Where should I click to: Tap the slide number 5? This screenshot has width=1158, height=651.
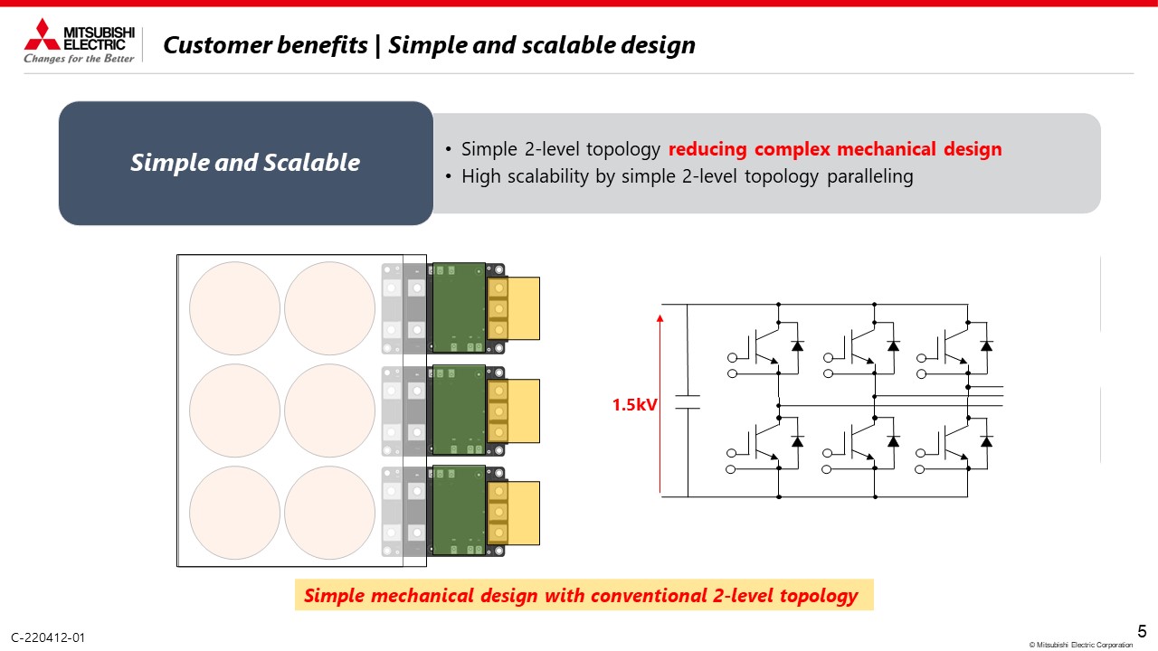[x=1142, y=631]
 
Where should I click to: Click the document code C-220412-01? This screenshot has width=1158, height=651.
[x=48, y=637]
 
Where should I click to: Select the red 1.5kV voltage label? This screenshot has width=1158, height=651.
[x=634, y=404]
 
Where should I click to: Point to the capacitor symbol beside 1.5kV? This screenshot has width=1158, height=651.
[x=688, y=402]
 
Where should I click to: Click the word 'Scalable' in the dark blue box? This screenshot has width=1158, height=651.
[x=311, y=163]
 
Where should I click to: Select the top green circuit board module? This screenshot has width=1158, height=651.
[x=459, y=308]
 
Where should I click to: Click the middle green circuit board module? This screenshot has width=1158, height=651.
[x=459, y=410]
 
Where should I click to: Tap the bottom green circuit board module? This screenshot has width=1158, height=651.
[x=459, y=511]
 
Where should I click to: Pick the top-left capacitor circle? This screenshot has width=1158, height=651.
[x=234, y=308]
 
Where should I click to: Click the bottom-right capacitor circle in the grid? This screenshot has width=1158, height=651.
[x=330, y=513]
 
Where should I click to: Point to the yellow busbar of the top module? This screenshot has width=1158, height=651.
[x=513, y=308]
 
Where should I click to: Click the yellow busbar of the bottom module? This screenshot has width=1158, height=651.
[x=513, y=513]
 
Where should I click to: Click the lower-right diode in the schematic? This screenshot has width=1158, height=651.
[x=986, y=442]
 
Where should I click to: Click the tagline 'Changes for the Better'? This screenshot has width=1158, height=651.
[x=79, y=59]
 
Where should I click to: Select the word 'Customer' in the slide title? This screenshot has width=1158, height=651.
[x=220, y=45]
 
